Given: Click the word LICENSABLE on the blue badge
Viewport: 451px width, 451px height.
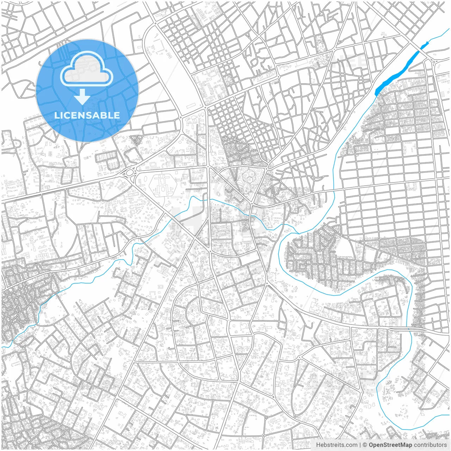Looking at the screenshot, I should pyautogui.click(x=87, y=115).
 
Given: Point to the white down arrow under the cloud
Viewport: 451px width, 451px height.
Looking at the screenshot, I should pyautogui.click(x=82, y=97).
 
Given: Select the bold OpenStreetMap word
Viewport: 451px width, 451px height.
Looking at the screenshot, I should pyautogui.click(x=390, y=445).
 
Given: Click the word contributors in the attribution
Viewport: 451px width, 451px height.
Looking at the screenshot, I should pyautogui.click(x=430, y=445).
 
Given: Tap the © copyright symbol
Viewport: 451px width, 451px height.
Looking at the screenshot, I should pyautogui.click(x=365, y=445).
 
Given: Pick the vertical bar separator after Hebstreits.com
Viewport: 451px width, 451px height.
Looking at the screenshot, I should pyautogui.click(x=360, y=445).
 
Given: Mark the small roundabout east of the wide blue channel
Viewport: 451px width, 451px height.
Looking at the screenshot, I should pyautogui.click(x=434, y=62).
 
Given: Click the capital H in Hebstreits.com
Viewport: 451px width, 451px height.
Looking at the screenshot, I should pyautogui.click(x=318, y=445).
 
